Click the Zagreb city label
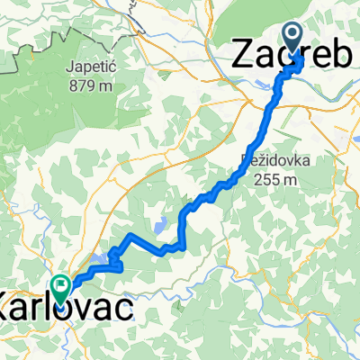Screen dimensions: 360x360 tap(292, 56)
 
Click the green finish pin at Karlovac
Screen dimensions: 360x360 tap(61, 289)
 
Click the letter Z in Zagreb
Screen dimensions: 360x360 tap(243, 56)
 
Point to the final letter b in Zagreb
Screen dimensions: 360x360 tap(344, 56)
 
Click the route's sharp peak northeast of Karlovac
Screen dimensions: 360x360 tap(130, 236)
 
